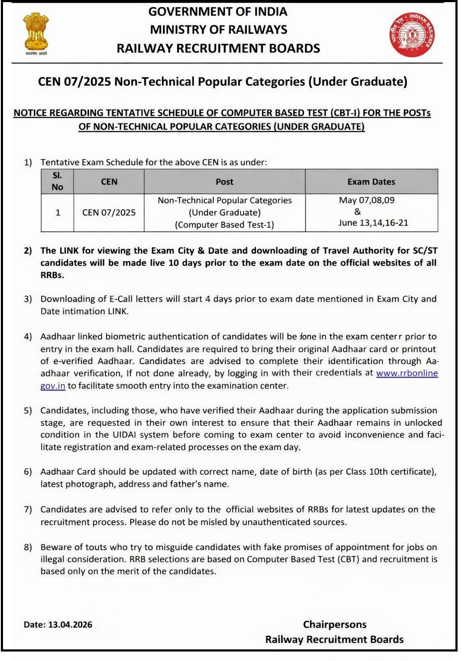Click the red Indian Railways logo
(412, 34)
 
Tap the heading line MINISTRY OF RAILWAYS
(218, 30)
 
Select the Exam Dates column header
(371, 182)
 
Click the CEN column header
(109, 182)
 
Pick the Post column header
(224, 182)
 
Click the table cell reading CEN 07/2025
(109, 213)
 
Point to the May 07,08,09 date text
(366, 201)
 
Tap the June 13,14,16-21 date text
(373, 223)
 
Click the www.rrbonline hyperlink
(407, 373)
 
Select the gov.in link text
(53, 386)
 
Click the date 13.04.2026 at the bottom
(70, 625)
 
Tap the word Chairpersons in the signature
(335, 624)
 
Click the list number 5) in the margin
(28, 411)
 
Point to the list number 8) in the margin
(28, 547)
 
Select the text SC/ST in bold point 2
(423, 251)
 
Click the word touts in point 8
(96, 547)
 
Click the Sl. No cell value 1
(58, 213)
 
